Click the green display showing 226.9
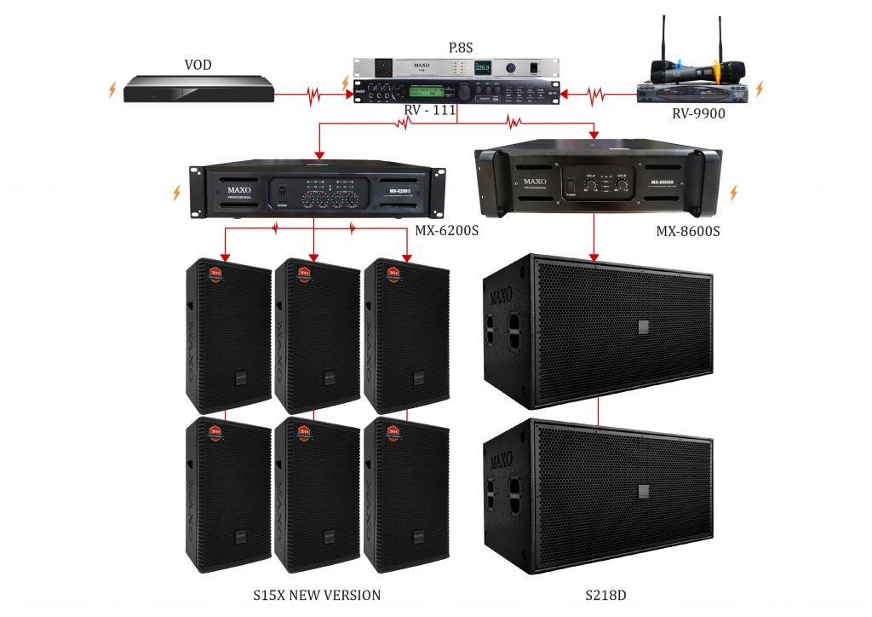482,66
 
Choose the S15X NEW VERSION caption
317,594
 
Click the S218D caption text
598,594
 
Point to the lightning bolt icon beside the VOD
112,89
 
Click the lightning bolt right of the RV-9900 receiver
760,88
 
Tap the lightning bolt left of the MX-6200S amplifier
175,193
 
